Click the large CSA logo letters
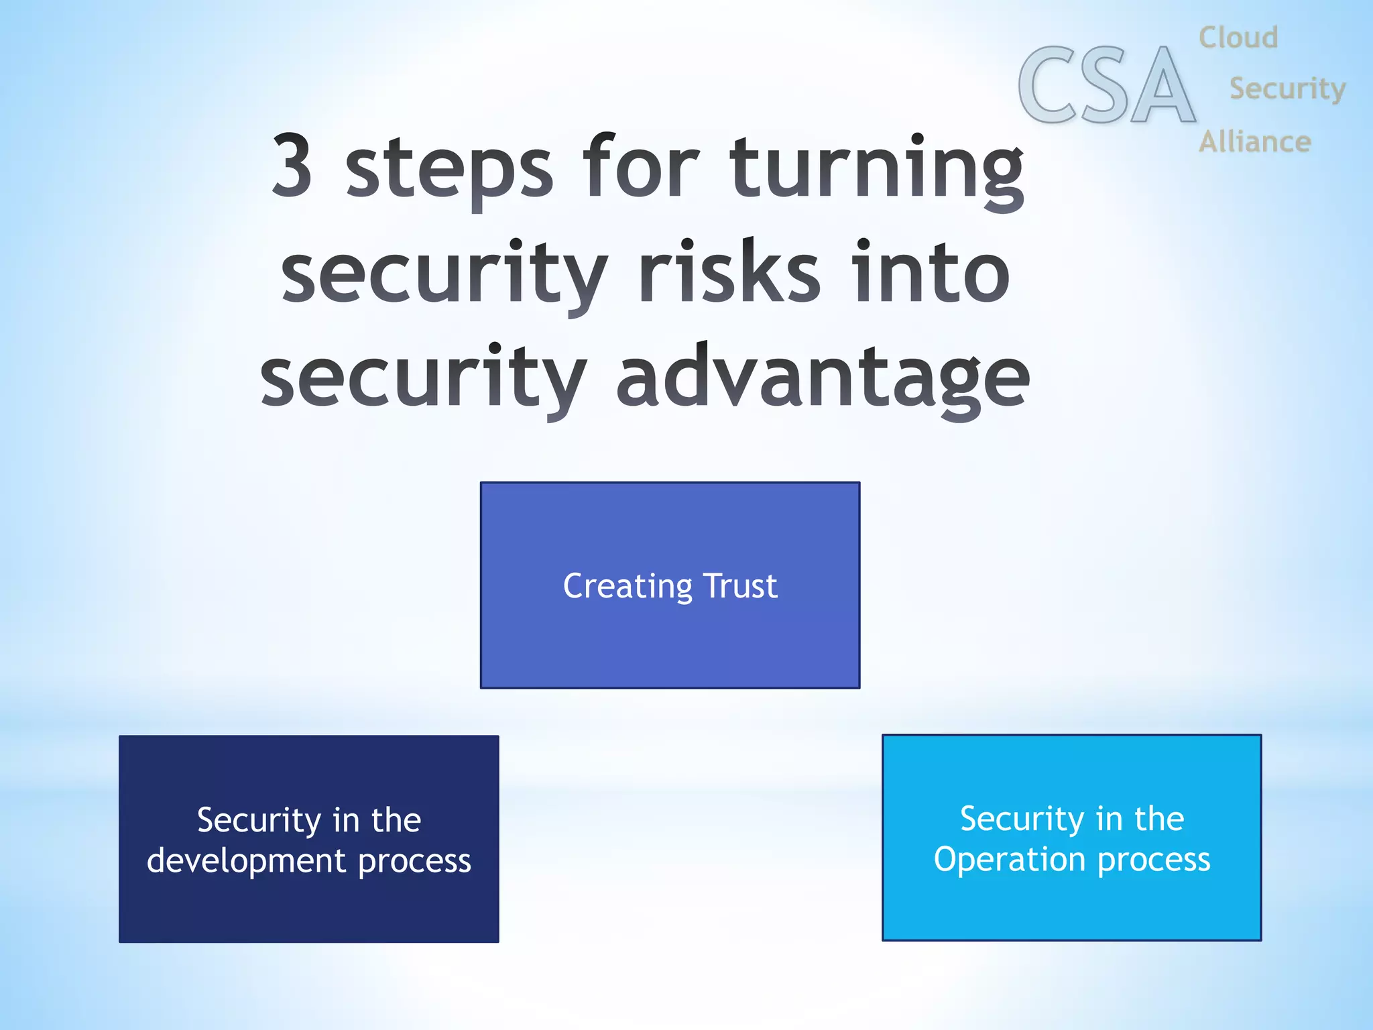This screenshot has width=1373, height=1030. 1106,86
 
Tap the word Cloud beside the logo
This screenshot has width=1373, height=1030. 1238,38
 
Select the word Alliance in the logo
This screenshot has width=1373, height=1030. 1254,142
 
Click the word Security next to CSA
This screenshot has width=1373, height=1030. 1287,89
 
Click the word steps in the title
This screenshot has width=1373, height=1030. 449,168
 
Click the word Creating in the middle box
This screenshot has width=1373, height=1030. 628,587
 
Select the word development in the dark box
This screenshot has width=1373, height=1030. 246,860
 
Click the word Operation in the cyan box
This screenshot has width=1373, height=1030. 1010,860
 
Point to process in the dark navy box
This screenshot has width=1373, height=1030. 414,862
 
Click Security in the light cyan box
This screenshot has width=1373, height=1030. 1022,819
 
